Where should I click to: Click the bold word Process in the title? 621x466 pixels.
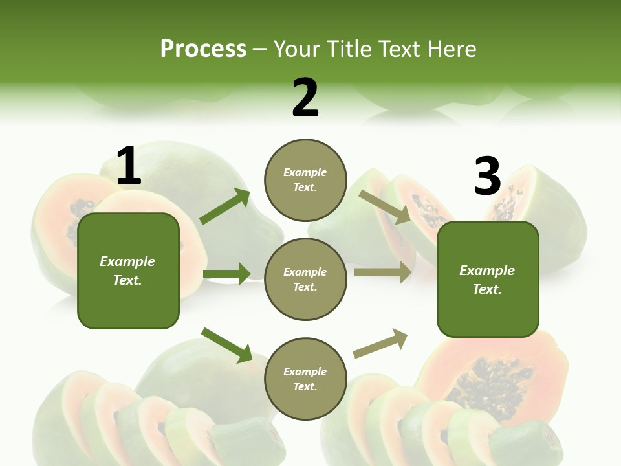point(203,49)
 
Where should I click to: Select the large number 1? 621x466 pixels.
point(129,166)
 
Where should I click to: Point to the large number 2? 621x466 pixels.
point(305,97)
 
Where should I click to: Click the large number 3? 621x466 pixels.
point(487,176)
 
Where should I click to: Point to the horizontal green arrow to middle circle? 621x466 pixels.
point(226,274)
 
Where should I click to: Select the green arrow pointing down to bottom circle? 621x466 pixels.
point(226,345)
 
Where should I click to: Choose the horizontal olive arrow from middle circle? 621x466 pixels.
point(383,272)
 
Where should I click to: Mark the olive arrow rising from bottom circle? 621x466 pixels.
point(380,344)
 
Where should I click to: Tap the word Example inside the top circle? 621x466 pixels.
point(305,173)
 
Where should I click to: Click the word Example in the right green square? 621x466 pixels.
point(487,271)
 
